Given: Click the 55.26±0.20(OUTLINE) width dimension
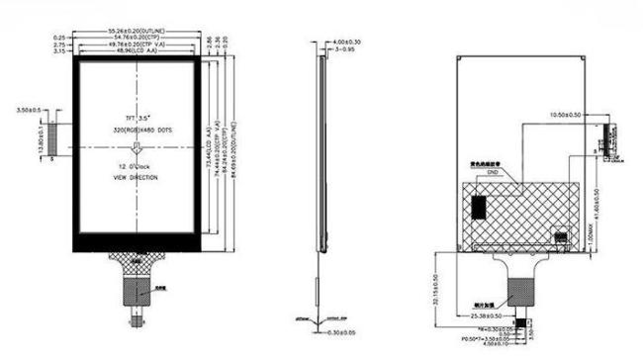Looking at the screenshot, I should (138, 31).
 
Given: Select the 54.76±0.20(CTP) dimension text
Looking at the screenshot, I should (138, 38).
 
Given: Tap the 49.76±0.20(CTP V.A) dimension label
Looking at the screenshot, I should (138, 45).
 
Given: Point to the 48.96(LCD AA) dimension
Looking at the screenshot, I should (138, 51).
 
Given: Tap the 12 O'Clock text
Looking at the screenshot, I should (137, 165).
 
